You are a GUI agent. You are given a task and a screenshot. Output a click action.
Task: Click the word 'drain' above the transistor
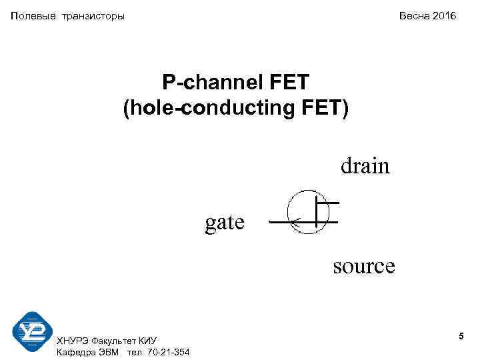[x=365, y=165]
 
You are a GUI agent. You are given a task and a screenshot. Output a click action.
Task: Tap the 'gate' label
[x=225, y=221]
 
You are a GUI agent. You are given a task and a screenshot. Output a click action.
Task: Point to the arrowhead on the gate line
[x=296, y=221]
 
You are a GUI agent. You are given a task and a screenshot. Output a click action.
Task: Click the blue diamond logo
[x=33, y=332]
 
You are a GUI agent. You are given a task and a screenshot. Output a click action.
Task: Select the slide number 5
[x=461, y=339]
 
